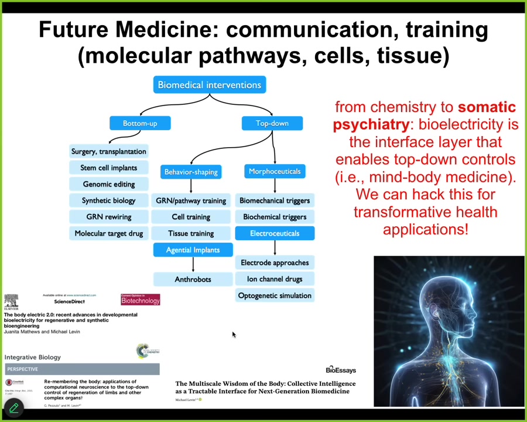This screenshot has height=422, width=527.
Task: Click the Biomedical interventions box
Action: [x=210, y=85]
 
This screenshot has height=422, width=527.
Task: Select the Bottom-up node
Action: [x=140, y=123]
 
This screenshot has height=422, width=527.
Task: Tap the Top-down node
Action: [x=272, y=123]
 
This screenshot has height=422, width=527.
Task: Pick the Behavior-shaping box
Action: [x=191, y=172]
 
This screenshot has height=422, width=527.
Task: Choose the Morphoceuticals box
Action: [x=275, y=171]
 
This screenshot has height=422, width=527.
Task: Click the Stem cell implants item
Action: [x=109, y=168]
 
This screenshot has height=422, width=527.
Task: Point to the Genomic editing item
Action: [x=109, y=184]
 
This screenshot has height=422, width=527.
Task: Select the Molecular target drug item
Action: [x=109, y=233]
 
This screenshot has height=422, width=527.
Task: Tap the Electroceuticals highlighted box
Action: [x=275, y=233]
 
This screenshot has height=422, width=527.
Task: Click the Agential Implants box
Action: [x=193, y=250]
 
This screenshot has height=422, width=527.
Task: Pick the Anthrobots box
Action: [x=193, y=280]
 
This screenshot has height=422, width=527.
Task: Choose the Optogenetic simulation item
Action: [x=275, y=295]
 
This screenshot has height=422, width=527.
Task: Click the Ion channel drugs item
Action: [x=275, y=279]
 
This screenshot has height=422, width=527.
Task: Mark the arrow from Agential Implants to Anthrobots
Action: [x=193, y=264]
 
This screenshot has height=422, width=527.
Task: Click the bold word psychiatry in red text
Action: [x=371, y=124]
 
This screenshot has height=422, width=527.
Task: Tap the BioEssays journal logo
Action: [x=341, y=370]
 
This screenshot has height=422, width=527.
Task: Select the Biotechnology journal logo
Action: [x=141, y=300]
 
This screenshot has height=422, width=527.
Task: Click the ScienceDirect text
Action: [x=69, y=301]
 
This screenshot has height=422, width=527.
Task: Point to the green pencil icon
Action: [x=13, y=408]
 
